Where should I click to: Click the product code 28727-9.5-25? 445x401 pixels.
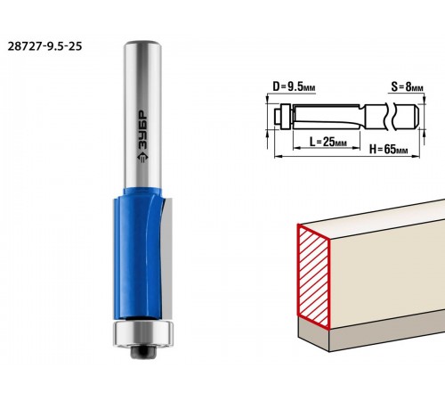point(44,46)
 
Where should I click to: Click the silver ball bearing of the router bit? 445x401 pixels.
point(143,333)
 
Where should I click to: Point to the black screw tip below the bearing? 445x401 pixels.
point(143,352)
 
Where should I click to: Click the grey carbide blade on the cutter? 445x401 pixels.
point(166,256)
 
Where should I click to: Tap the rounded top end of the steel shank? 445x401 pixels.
point(143,45)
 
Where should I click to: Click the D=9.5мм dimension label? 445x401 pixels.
point(294,87)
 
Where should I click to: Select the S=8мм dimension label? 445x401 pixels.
point(407,86)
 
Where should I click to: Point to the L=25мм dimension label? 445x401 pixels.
point(328,142)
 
